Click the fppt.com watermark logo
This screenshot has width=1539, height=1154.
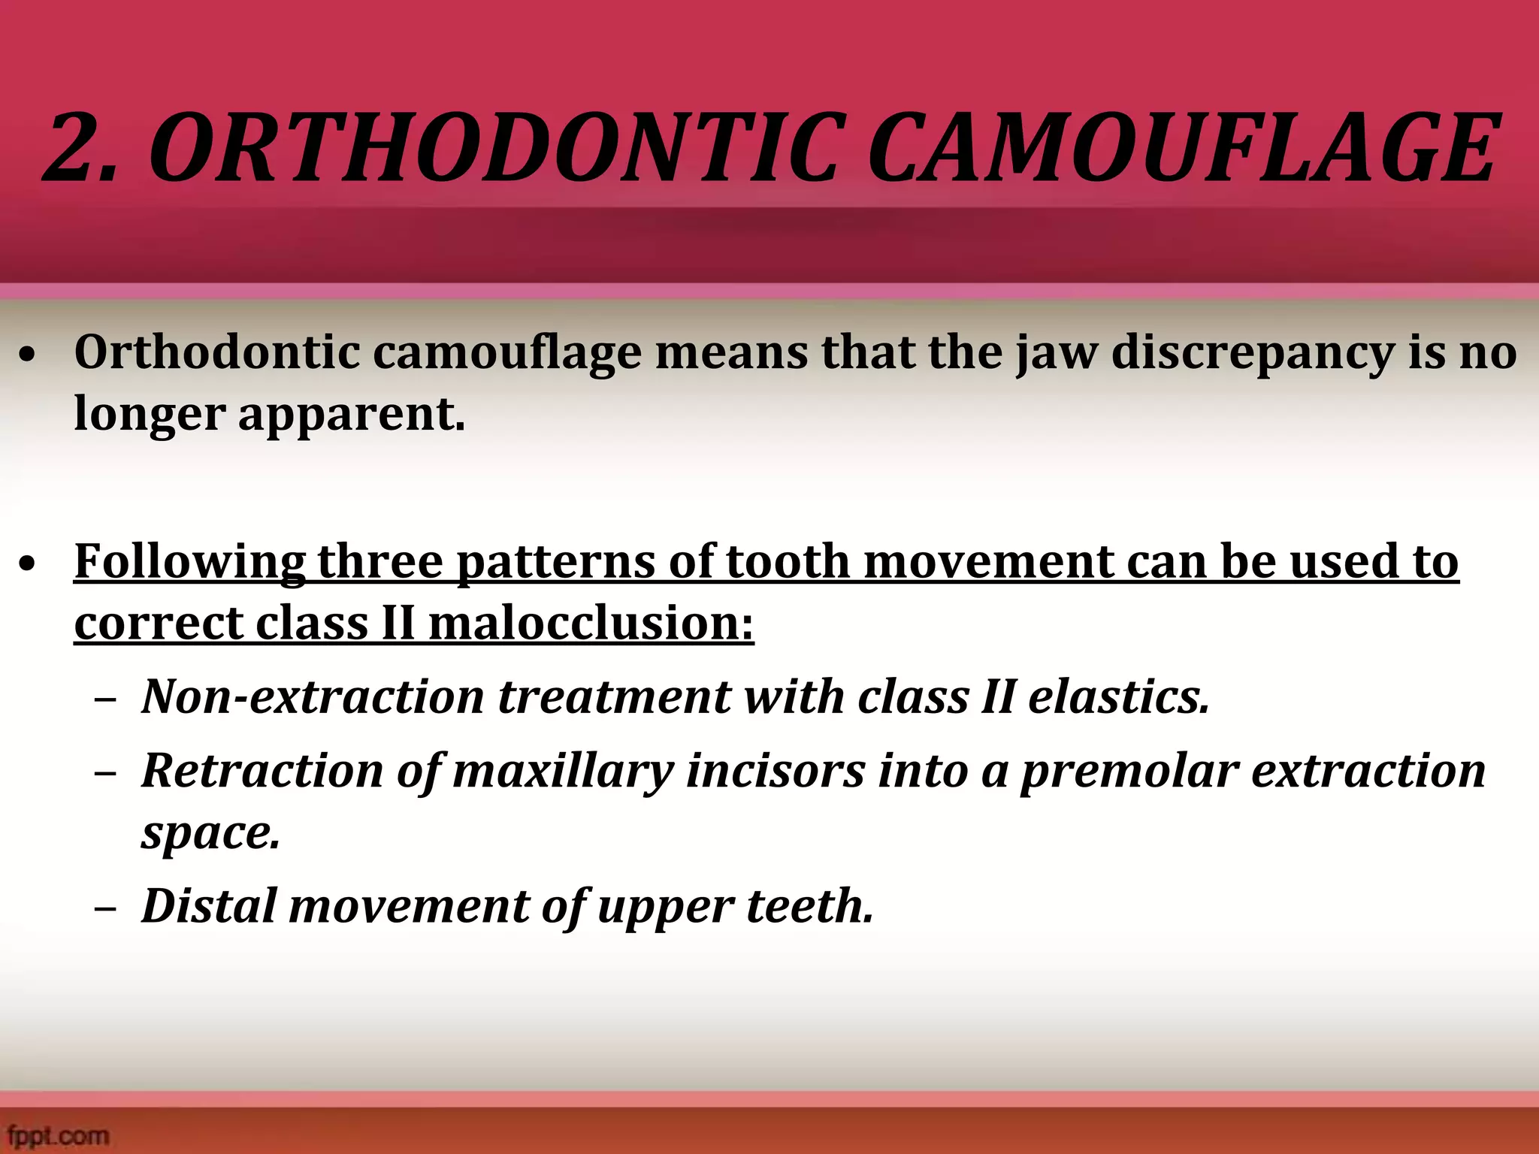(56, 1134)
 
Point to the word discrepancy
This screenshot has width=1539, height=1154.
(1252, 353)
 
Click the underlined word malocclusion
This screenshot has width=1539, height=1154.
(591, 623)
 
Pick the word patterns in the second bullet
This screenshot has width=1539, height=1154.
(556, 562)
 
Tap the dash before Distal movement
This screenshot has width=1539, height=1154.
(106, 908)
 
